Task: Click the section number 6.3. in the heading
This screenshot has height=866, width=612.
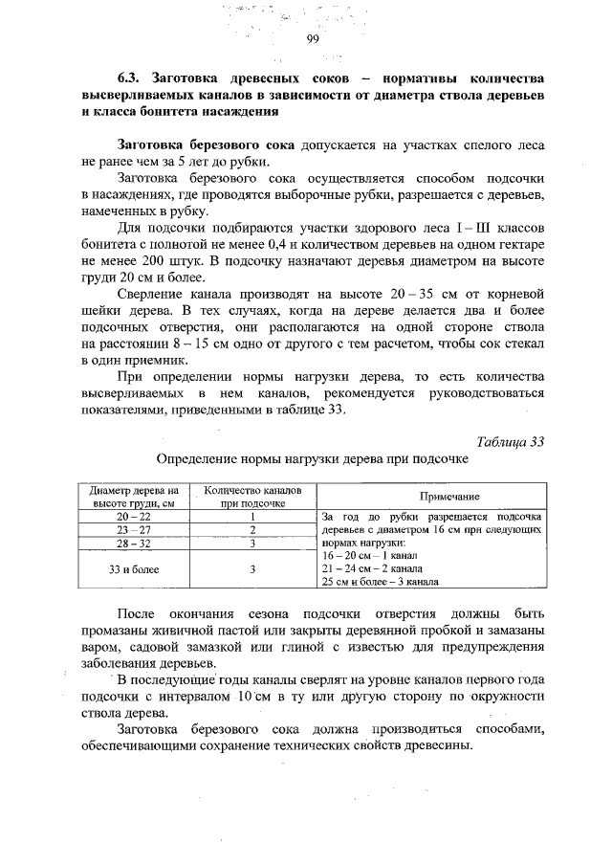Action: [120, 77]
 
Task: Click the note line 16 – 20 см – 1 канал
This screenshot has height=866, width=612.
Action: [369, 555]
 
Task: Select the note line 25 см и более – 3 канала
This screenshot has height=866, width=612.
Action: [381, 580]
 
